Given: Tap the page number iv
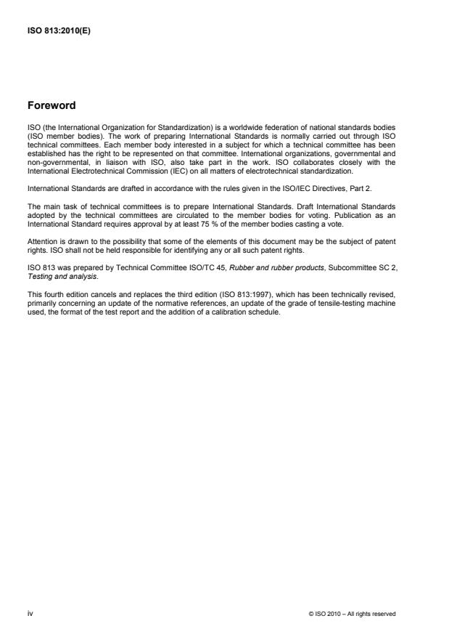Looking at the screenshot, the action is pyautogui.click(x=30, y=614).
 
